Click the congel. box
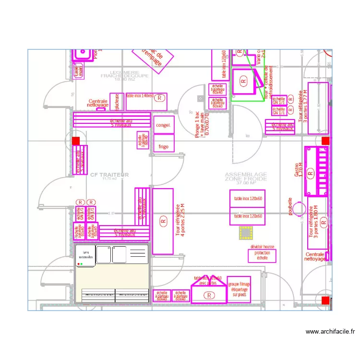click(163, 125)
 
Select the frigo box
click(163, 146)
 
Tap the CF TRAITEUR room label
click(109, 175)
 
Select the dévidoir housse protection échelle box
click(262, 253)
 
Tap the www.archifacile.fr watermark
click(329, 331)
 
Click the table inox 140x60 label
click(140, 96)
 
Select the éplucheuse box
click(116, 102)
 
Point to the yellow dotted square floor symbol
click(246, 233)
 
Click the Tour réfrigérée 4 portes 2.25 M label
click(181, 221)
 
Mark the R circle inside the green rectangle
click(243, 83)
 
